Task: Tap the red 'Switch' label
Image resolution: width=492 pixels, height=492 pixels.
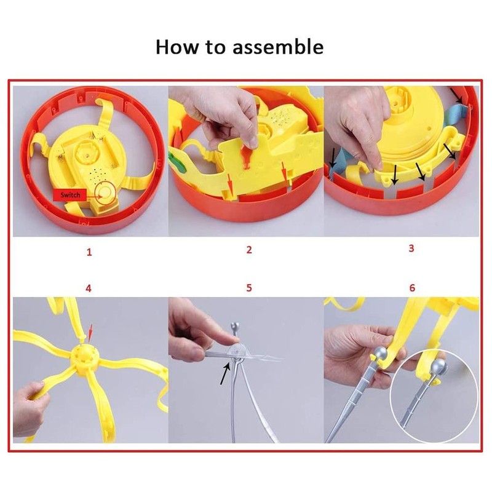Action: pos(69,196)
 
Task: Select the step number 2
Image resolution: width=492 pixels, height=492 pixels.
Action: pos(249,250)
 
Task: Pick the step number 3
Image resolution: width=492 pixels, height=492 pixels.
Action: pos(411,248)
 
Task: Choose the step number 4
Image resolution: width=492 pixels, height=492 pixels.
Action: pos(89,287)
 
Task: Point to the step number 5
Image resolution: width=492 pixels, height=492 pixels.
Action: pos(249,287)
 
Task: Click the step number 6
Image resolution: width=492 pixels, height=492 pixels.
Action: pos(412,287)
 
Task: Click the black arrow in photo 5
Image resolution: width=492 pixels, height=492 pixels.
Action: pos(222,374)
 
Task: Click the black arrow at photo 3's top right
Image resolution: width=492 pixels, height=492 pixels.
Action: pos(458,95)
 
